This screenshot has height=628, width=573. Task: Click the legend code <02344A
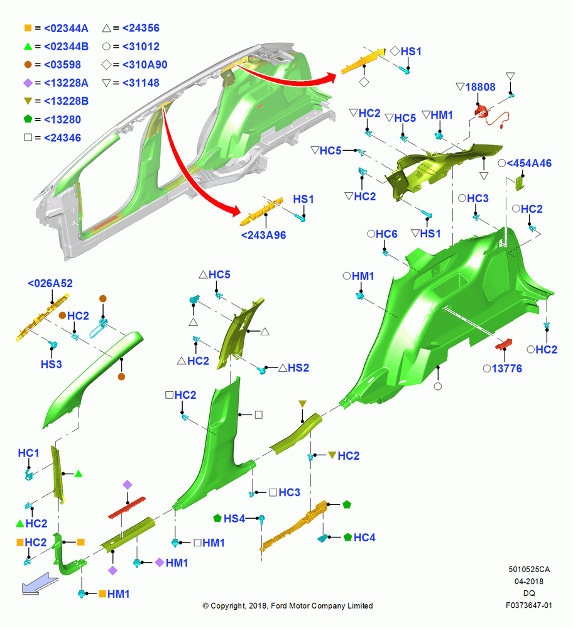66,28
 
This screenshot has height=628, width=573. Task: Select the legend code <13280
62,120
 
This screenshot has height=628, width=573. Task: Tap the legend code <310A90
145,65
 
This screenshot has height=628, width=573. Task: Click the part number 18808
480,87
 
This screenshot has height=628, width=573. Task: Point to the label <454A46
529,163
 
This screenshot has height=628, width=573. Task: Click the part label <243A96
263,235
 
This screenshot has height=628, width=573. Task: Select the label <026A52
50,284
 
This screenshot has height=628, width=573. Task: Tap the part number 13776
507,369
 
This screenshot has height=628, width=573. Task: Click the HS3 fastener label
52,364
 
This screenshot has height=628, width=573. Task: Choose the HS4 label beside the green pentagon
234,519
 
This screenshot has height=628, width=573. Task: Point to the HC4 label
364,538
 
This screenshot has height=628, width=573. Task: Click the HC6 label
386,234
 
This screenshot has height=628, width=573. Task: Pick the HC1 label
28,453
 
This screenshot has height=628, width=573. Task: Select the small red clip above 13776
504,344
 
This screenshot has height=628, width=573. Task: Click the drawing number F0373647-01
528,605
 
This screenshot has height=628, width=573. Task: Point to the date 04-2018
529,582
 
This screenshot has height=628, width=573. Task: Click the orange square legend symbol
28,28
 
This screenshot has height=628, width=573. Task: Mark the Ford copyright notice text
288,606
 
